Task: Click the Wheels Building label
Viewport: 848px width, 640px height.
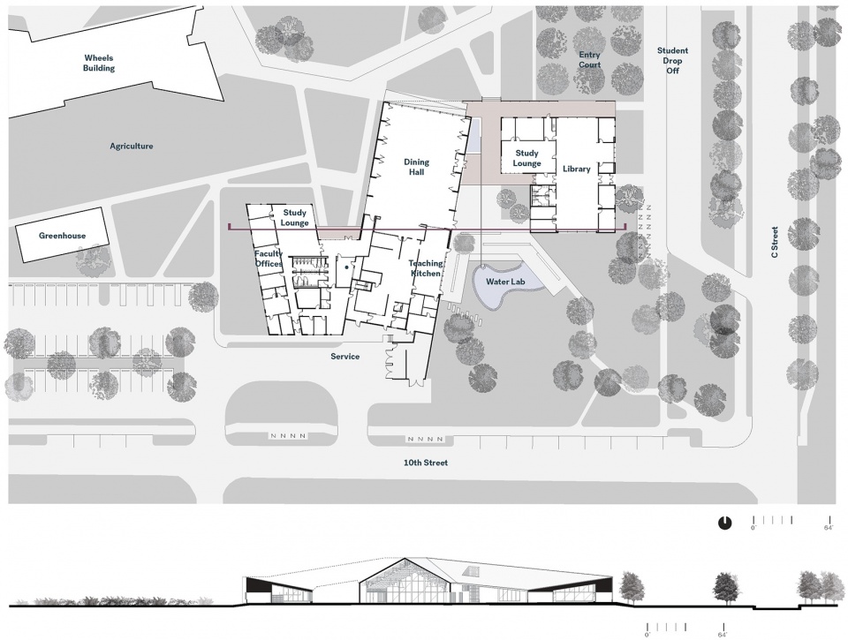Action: tap(98, 63)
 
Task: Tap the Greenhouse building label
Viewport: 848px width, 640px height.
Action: tap(62, 236)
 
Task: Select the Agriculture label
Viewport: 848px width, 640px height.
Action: tap(132, 146)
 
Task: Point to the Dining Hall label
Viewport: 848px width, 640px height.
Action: tap(416, 167)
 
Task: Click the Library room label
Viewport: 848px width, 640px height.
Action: tap(577, 169)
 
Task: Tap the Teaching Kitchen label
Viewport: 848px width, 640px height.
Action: tap(426, 268)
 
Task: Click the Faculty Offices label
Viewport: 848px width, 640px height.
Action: tap(269, 259)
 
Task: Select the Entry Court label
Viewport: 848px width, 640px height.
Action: tap(589, 59)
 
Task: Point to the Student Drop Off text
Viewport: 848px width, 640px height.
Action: tap(672, 60)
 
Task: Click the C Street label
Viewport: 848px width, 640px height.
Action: tap(775, 242)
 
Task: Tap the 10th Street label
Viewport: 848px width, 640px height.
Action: tap(426, 463)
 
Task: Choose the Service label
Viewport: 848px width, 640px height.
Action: tap(345, 357)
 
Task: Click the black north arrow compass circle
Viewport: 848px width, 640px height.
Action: tap(724, 523)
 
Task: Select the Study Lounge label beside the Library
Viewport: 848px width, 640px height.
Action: tap(526, 158)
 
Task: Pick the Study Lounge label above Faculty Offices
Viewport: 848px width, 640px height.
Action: tap(295, 218)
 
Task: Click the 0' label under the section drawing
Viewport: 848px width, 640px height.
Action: tap(647, 635)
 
